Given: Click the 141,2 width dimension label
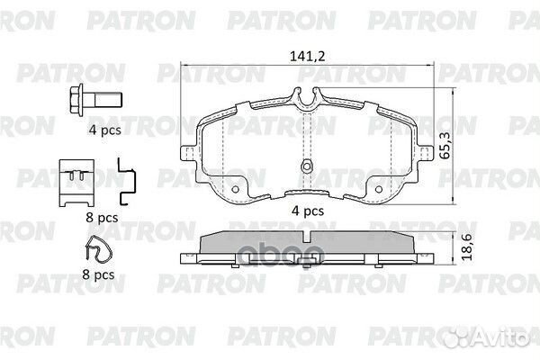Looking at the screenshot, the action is [307, 56].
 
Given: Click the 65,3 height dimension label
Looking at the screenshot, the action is [445, 146].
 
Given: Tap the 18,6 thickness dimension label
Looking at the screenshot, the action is [466, 247].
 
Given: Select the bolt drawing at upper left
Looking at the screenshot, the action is [95, 100].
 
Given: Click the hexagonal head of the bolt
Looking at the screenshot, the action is [76, 100].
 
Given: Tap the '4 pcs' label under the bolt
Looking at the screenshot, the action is [105, 130].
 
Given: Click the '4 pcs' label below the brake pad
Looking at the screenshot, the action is [308, 211].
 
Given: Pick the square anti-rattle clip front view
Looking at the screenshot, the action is [76, 183].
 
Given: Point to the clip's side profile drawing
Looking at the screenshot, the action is [127, 182].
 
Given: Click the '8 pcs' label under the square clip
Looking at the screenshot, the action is [102, 218].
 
